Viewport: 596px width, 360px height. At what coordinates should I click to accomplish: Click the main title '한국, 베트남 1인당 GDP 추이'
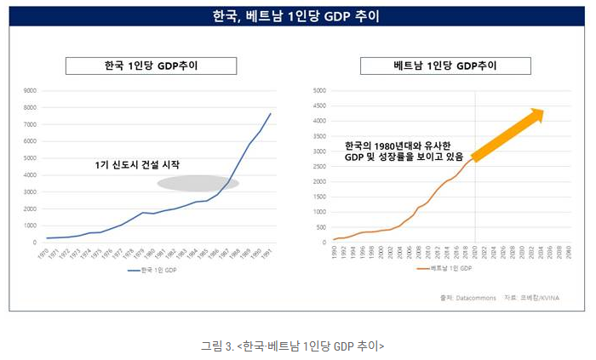click(x=297, y=16)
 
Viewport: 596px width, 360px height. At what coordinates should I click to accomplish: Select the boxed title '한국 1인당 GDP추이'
click(x=152, y=66)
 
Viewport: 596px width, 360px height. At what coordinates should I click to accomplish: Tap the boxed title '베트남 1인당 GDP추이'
click(x=445, y=66)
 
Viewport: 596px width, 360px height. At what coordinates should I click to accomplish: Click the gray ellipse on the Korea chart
click(x=198, y=182)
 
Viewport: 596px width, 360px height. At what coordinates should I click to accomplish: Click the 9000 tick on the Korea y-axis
click(x=29, y=91)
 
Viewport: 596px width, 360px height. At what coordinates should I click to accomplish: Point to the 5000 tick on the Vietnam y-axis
click(x=321, y=91)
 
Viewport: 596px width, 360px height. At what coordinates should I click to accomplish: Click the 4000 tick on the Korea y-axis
click(x=29, y=175)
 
